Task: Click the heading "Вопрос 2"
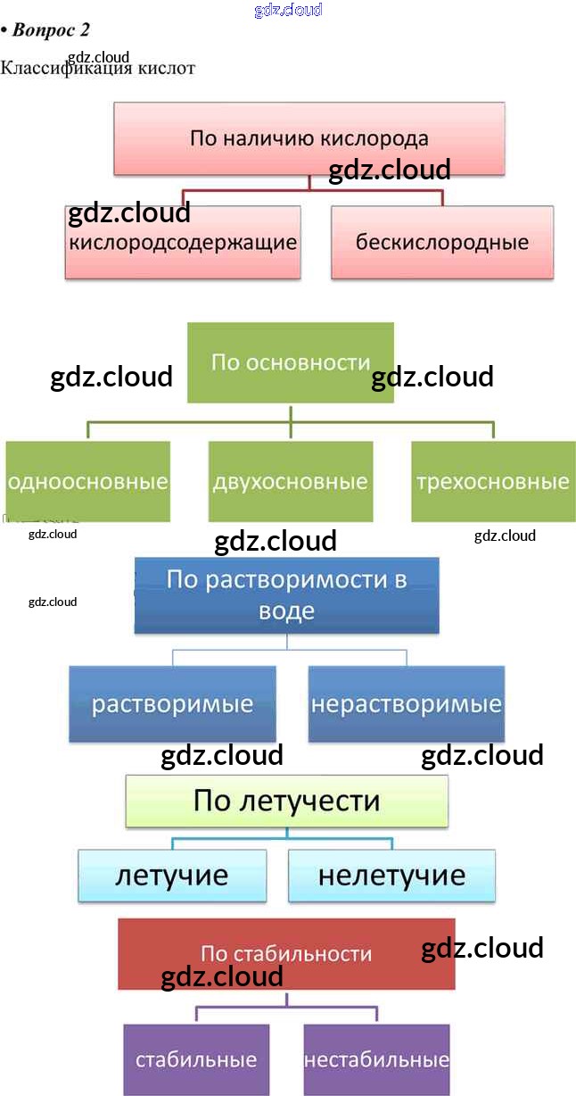[50, 29]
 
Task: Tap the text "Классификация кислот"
[98, 69]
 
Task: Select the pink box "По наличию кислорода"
[309, 138]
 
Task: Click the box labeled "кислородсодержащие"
[183, 242]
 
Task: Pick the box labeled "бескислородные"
[442, 242]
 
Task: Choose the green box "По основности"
[290, 362]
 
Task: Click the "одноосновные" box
[87, 482]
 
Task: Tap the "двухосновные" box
[290, 482]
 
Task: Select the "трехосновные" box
[492, 482]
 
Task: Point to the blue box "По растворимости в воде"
[286, 595]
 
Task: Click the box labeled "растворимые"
[173, 703]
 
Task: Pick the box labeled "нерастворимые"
[406, 703]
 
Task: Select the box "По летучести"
[286, 801]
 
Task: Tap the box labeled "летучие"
[171, 875]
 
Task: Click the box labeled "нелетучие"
[391, 875]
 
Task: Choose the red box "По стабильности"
[286, 953]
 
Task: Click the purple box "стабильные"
[196, 1059]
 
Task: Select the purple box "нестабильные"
[376, 1059]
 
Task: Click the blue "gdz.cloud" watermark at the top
[288, 10]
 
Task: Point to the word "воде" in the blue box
[286, 611]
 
